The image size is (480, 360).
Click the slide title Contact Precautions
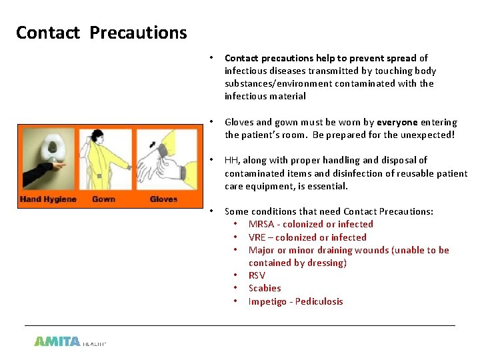101,33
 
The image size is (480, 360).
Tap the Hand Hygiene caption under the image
48,199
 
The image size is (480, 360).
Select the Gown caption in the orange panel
103,199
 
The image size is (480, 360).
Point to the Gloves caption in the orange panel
163,199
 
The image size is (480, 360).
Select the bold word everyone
397,122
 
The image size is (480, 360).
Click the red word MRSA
261,224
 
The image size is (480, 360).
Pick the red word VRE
257,237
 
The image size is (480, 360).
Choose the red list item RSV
257,275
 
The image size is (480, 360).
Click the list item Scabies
265,288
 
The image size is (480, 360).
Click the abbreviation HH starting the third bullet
231,160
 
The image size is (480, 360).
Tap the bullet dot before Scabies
236,288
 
